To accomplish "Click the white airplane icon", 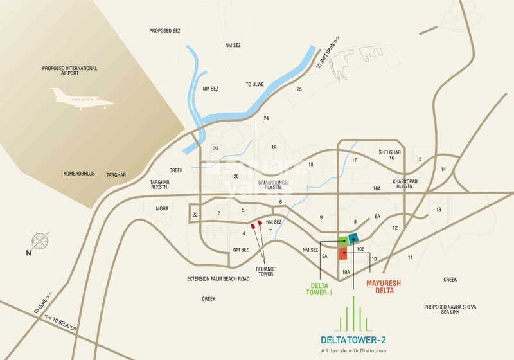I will (x=81, y=100).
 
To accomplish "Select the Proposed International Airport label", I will (x=70, y=71).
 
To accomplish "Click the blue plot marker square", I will (x=353, y=239).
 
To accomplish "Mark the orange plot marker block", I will (x=343, y=253).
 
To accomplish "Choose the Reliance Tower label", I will (x=265, y=271).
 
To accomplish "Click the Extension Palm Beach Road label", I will (x=218, y=279).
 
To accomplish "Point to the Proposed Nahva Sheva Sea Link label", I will (x=450, y=309).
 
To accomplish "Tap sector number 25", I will (x=299, y=89).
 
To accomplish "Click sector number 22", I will (x=195, y=214).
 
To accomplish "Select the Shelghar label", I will (x=390, y=152).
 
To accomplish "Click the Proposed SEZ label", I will (x=165, y=30).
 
